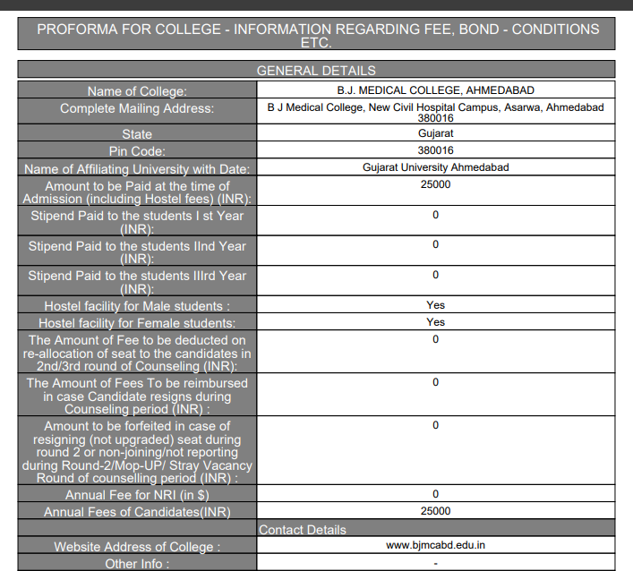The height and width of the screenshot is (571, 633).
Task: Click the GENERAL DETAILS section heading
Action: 316,70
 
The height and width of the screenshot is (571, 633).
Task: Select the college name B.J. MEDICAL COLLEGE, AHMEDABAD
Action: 435,90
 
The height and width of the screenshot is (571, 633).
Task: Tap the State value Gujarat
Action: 435,133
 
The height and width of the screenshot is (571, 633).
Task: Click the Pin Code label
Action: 137,151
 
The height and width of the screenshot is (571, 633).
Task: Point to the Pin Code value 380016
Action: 435,150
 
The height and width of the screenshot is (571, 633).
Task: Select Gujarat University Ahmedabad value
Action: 435,167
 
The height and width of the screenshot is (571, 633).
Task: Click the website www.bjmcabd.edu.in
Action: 435,544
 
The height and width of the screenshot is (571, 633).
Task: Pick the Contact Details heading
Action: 303,530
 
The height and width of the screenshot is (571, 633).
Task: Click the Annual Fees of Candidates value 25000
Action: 435,511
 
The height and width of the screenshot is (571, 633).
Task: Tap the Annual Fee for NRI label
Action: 137,495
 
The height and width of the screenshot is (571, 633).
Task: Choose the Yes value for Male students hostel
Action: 435,305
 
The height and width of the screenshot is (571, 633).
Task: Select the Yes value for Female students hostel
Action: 435,322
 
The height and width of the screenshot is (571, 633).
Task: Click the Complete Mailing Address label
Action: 137,108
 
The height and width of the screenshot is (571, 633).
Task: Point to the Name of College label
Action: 137,91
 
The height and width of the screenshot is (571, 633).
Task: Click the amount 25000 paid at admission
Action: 435,184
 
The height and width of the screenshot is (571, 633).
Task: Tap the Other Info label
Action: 137,564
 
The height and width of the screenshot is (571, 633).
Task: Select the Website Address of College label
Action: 137,547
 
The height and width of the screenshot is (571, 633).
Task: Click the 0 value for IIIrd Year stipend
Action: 435,275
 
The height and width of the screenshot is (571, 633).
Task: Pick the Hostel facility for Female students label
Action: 137,322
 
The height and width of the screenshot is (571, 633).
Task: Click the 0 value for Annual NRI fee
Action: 435,494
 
